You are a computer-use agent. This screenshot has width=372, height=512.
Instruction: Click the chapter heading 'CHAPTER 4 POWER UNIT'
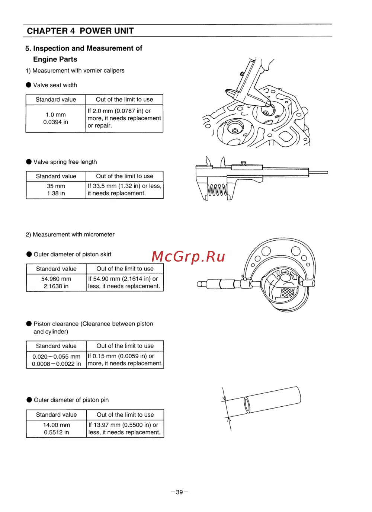pyautogui.click(x=80, y=31)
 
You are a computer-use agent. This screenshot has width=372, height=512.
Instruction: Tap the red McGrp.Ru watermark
pyautogui.click(x=188, y=256)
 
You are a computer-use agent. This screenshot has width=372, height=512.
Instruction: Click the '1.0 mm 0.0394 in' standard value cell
pyautogui.click(x=56, y=118)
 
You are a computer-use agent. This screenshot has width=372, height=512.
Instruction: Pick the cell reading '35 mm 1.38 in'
pyautogui.click(x=56, y=190)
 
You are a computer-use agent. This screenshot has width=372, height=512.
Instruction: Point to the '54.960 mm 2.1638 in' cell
pyautogui.click(x=56, y=282)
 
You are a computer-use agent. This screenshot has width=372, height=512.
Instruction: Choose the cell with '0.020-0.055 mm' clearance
pyautogui.click(x=57, y=360)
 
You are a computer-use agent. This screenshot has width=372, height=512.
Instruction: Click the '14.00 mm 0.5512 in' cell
pyautogui.click(x=57, y=429)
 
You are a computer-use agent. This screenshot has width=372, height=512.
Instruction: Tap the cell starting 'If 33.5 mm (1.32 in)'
pyautogui.click(x=125, y=190)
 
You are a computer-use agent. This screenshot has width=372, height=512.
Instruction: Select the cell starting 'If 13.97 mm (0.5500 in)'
pyautogui.click(x=125, y=429)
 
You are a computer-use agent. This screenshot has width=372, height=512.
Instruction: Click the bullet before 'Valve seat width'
pyautogui.click(x=29, y=85)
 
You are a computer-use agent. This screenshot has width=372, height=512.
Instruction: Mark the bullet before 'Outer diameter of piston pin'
pyautogui.click(x=29, y=400)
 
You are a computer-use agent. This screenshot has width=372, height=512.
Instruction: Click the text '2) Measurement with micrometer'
pyautogui.click(x=70, y=234)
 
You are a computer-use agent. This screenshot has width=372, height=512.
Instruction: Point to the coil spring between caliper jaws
pyautogui.click(x=217, y=190)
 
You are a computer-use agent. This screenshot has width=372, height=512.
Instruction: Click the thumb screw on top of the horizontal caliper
pyautogui.click(x=244, y=163)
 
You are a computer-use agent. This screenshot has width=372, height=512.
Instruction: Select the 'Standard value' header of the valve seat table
pyautogui.click(x=56, y=100)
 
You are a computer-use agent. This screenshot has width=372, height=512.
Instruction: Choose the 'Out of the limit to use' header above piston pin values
pyautogui.click(x=125, y=415)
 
